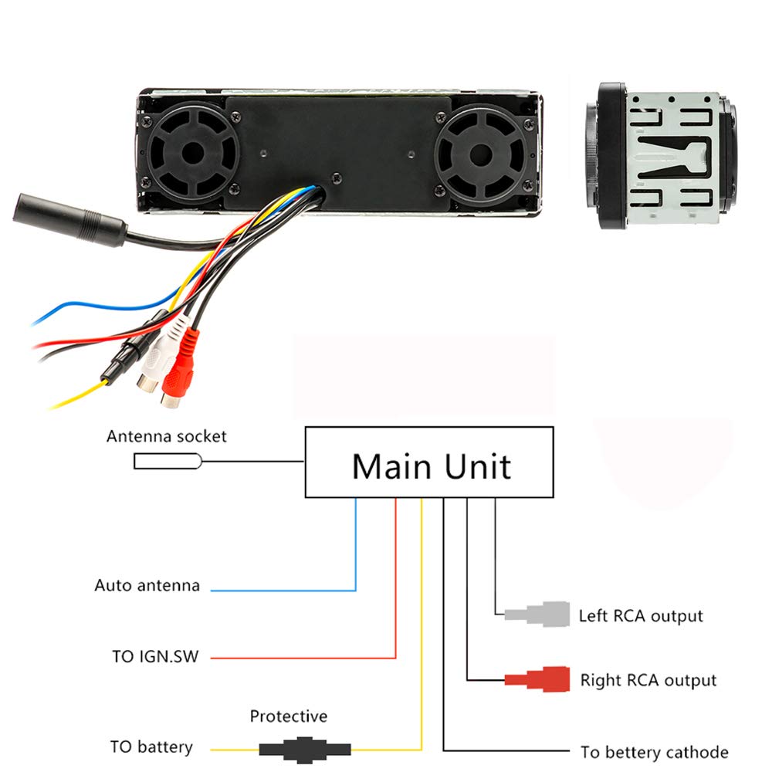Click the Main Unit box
[429, 462]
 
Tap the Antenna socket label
[167, 436]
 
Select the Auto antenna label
[147, 585]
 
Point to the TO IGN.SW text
[155, 657]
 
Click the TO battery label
[151, 747]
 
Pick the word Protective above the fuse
[288, 716]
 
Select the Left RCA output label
[641, 616]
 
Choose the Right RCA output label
[648, 680]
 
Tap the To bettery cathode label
[655, 752]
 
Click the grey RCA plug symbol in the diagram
[538, 615]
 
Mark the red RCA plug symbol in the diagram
[538, 679]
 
